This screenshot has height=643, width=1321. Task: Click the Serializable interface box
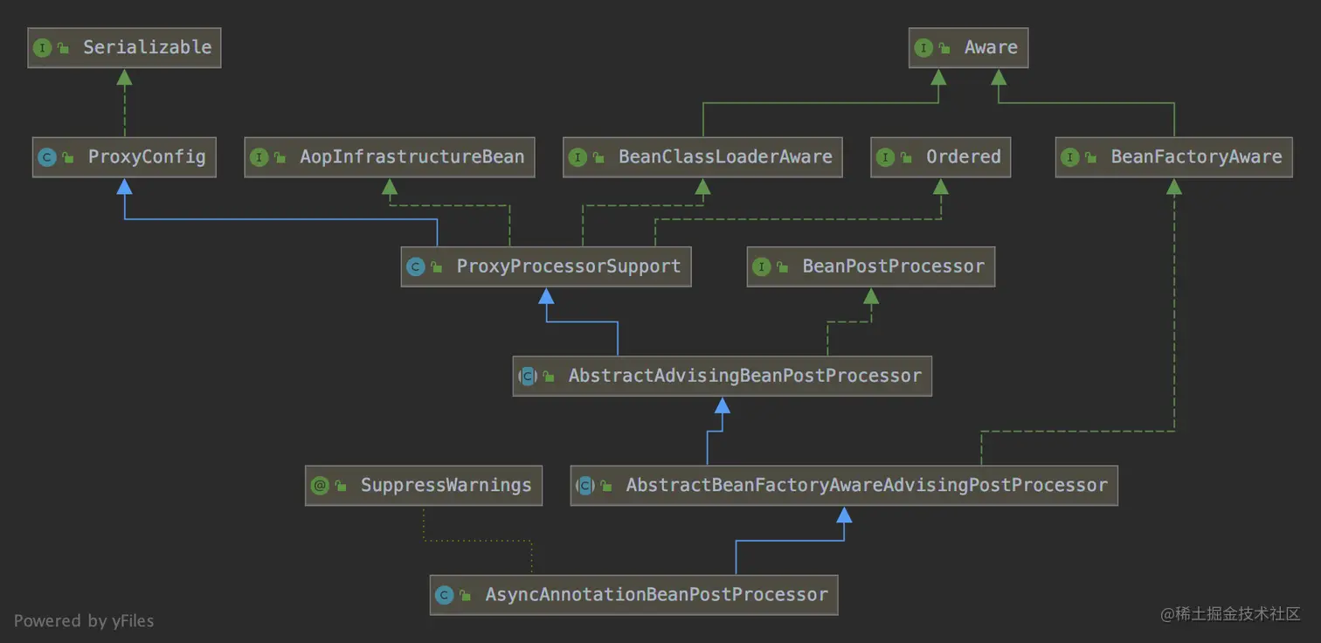pos(124,47)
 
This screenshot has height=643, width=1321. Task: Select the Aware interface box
pos(968,47)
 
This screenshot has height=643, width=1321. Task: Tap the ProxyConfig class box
pos(124,157)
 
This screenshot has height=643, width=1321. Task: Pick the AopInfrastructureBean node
pos(389,157)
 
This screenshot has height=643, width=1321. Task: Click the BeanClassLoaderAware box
pos(702,157)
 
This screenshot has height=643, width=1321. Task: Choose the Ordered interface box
pos(940,157)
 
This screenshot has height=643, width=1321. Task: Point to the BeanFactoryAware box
pos(1173,157)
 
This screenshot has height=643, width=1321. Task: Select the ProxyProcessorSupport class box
pos(546,266)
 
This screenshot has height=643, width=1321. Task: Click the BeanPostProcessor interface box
pos(870,266)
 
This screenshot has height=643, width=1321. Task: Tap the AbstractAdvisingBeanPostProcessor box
pos(722,377)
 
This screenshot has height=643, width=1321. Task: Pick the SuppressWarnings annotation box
pos(424,486)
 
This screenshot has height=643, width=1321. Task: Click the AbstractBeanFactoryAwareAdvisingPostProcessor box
pos(844,486)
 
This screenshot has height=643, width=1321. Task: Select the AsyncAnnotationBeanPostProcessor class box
pos(633,595)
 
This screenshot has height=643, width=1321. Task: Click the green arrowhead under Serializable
pos(124,78)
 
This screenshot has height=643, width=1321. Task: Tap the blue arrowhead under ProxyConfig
pos(124,186)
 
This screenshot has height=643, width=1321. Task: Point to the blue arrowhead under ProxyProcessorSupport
pos(546,296)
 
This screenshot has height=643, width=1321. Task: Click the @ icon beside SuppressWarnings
pos(320,486)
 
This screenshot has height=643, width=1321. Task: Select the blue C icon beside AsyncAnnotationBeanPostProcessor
pos(444,595)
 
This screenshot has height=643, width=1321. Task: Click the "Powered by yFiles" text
pos(84,621)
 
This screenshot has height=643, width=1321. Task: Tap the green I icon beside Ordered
pos(885,157)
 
